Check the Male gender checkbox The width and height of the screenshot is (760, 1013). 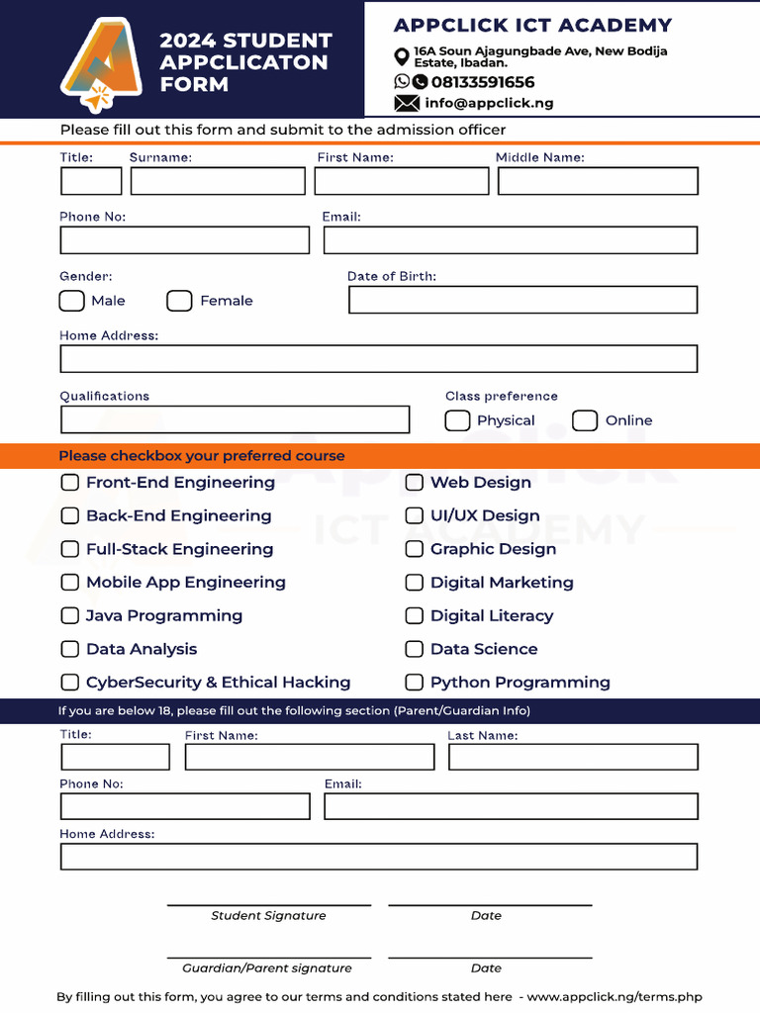(71, 301)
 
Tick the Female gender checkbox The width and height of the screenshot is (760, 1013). (179, 301)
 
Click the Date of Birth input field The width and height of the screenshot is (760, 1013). (522, 300)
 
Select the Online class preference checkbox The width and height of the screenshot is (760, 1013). (585, 420)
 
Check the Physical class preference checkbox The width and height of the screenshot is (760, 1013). (457, 420)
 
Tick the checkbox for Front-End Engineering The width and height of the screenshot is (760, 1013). (70, 483)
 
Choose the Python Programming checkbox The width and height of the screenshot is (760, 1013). (415, 682)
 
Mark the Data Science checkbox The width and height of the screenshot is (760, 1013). (415, 649)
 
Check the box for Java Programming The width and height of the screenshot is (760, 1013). (70, 615)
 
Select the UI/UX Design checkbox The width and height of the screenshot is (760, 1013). (415, 515)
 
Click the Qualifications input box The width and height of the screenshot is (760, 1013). (235, 419)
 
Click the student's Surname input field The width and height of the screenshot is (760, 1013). (218, 181)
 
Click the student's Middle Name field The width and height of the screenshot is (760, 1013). (598, 181)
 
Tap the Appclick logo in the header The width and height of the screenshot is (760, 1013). (98, 64)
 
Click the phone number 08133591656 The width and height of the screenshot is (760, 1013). (482, 82)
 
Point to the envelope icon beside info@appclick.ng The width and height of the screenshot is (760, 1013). (406, 103)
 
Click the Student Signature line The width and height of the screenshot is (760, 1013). (268, 903)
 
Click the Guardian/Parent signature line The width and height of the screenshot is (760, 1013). (268, 956)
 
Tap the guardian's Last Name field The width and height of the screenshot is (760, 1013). (573, 758)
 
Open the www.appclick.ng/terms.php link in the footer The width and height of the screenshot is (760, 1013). (615, 997)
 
